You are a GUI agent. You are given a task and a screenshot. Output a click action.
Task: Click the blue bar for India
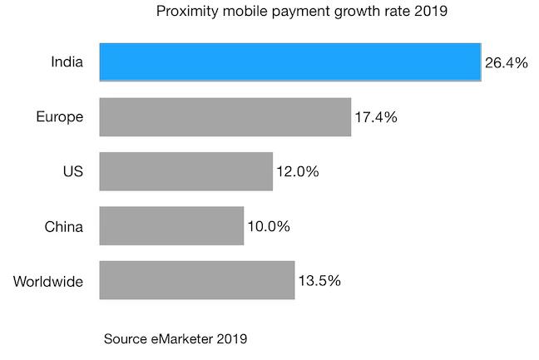pyautogui.click(x=289, y=62)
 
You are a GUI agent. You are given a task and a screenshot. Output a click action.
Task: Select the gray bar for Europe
pyautogui.click(x=225, y=116)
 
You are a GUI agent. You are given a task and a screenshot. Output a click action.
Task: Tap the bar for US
pyautogui.click(x=185, y=171)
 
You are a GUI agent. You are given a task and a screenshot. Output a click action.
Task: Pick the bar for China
pyautogui.click(x=171, y=226)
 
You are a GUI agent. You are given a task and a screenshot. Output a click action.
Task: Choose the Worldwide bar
pyautogui.click(x=196, y=280)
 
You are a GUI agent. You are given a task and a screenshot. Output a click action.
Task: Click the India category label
pyautogui.click(x=67, y=62)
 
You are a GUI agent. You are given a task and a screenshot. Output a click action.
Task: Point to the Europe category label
pyautogui.click(x=60, y=116)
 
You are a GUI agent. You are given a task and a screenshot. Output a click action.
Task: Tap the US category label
pyautogui.click(x=73, y=171)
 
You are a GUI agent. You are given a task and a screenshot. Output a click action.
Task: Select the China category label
pyautogui.click(x=63, y=226)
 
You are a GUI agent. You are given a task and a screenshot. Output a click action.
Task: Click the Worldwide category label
pyautogui.click(x=48, y=281)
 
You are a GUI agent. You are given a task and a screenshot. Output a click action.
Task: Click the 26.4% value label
pyautogui.click(x=506, y=63)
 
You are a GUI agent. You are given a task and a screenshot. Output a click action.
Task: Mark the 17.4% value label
pyautogui.click(x=376, y=117)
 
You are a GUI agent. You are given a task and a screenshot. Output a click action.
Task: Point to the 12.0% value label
pyautogui.click(x=297, y=172)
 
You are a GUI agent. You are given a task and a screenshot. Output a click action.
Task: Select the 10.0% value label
pyautogui.click(x=269, y=226)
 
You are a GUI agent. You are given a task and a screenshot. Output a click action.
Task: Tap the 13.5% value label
pyautogui.click(x=319, y=281)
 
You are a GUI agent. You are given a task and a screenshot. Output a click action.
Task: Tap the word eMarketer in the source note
pyautogui.click(x=181, y=339)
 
